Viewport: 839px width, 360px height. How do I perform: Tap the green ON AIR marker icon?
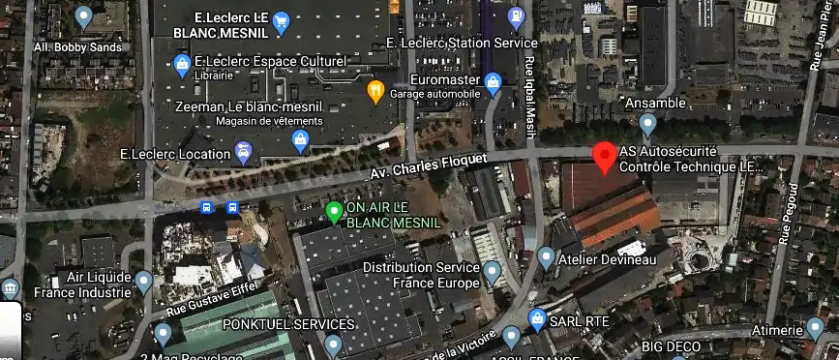coord(334,211)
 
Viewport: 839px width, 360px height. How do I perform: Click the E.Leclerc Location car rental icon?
coord(244,152)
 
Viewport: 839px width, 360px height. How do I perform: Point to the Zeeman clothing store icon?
coord(301,141)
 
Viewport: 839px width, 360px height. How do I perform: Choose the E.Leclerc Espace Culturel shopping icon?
coord(181,65)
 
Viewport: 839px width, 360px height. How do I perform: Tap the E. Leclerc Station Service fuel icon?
coord(516,16)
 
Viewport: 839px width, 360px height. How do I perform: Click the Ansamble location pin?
coord(648,123)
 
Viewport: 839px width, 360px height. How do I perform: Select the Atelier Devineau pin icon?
coord(546,257)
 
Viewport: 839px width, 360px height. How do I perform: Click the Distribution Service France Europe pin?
coord(493,272)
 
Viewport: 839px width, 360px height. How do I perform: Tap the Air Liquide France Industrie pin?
coord(144,282)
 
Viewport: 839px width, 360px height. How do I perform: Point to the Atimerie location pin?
coord(815,330)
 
